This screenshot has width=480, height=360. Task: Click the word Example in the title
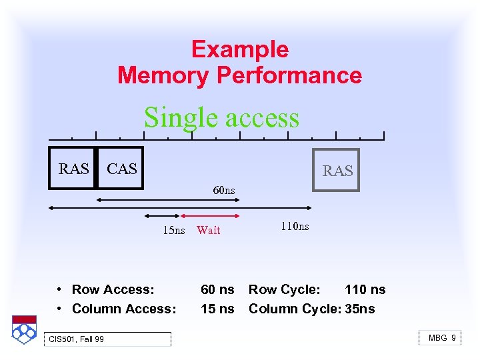239,50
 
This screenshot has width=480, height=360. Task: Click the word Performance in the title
289,75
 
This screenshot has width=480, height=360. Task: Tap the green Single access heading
221,117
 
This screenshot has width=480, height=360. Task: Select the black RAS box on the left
73,168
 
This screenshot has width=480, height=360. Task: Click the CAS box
121,168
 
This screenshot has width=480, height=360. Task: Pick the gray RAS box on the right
337,170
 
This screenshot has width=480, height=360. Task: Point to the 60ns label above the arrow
224,191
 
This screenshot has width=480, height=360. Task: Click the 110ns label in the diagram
295,226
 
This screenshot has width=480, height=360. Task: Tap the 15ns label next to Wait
174,231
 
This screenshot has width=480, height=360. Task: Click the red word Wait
209,231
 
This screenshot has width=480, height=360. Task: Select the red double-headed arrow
211,216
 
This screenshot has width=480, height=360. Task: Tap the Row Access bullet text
113,289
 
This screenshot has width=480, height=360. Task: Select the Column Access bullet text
124,309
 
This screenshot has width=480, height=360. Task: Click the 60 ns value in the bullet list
217,289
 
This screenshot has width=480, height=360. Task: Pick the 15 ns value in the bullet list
217,309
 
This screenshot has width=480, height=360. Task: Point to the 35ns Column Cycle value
360,309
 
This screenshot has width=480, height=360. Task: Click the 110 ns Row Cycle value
365,289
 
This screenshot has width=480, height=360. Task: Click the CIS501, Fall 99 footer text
76,339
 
